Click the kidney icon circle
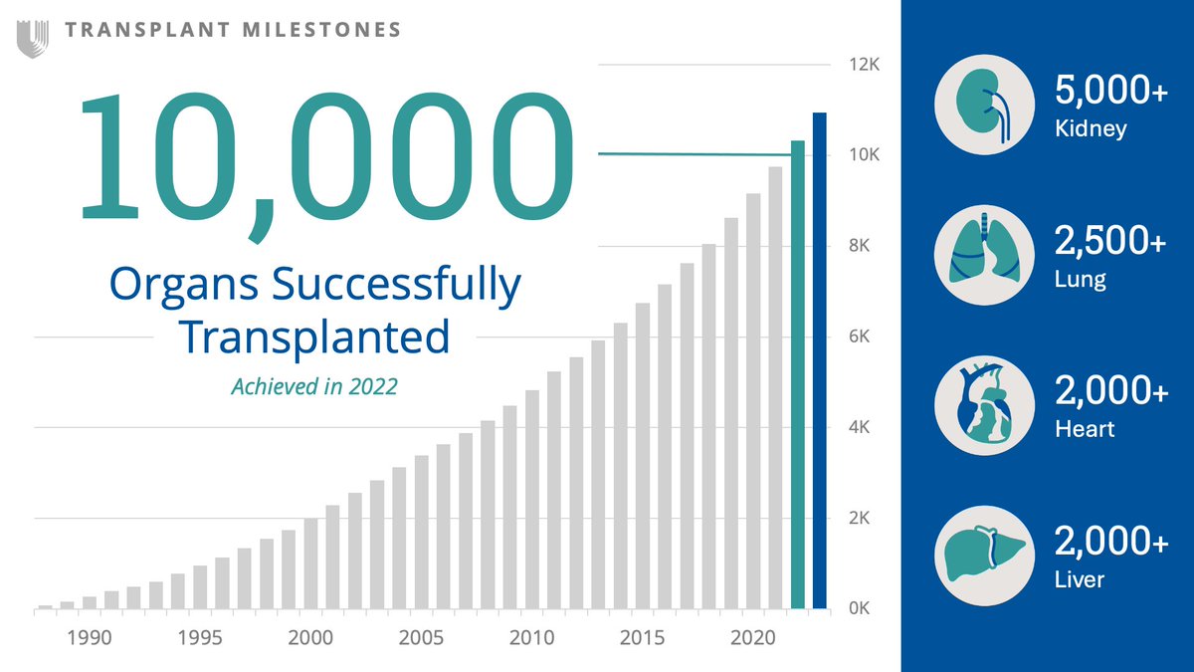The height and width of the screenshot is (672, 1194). point(985,104)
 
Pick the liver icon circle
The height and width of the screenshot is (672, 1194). point(985,555)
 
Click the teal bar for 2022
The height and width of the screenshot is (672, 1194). point(798,378)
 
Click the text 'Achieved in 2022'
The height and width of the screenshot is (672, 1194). point(313,386)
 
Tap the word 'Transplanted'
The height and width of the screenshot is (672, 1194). point(313,337)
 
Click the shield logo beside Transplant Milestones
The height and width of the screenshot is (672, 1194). point(32,38)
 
